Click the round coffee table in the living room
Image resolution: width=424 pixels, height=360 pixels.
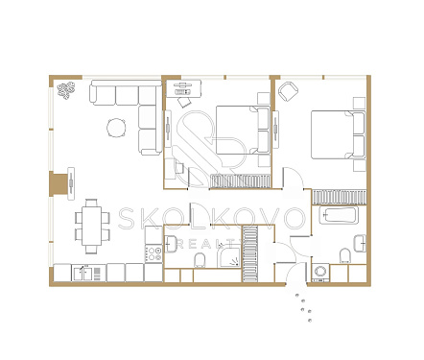pyautogui.click(x=116, y=128)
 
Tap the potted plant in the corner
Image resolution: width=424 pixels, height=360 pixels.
pyautogui.click(x=65, y=90)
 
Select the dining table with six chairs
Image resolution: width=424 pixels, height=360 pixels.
pyautogui.click(x=92, y=226)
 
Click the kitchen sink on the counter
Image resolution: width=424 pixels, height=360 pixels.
pyautogui.click(x=83, y=274)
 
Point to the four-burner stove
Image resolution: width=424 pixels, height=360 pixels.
pyautogui.click(x=153, y=254)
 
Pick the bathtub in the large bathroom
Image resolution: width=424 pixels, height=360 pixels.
pyautogui.click(x=339, y=215)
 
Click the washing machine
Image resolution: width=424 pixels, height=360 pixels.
pyautogui.click(x=320, y=273)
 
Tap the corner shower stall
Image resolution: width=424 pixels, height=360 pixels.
pyautogui.click(x=228, y=257)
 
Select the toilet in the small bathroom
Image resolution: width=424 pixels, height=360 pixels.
pyautogui.click(x=200, y=260)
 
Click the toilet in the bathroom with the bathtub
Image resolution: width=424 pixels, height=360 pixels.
pyautogui.click(x=345, y=256)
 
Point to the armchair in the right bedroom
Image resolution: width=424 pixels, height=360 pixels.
pyautogui.click(x=288, y=91)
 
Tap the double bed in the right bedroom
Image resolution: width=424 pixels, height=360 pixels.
pyautogui.click(x=339, y=134)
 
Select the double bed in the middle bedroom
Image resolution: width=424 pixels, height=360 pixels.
pyautogui.click(x=243, y=130)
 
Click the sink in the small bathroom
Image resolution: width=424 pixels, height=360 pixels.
pyautogui.click(x=171, y=244)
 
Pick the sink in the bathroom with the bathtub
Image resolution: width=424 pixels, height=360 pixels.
pyautogui.click(x=360, y=244)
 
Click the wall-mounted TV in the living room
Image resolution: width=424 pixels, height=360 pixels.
pyautogui.click(x=71, y=183)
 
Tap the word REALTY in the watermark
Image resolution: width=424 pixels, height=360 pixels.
pyautogui.click(x=208, y=245)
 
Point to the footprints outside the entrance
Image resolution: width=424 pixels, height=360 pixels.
pyautogui.click(x=304, y=307)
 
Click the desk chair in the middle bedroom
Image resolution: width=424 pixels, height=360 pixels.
pyautogui.click(x=184, y=103)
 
